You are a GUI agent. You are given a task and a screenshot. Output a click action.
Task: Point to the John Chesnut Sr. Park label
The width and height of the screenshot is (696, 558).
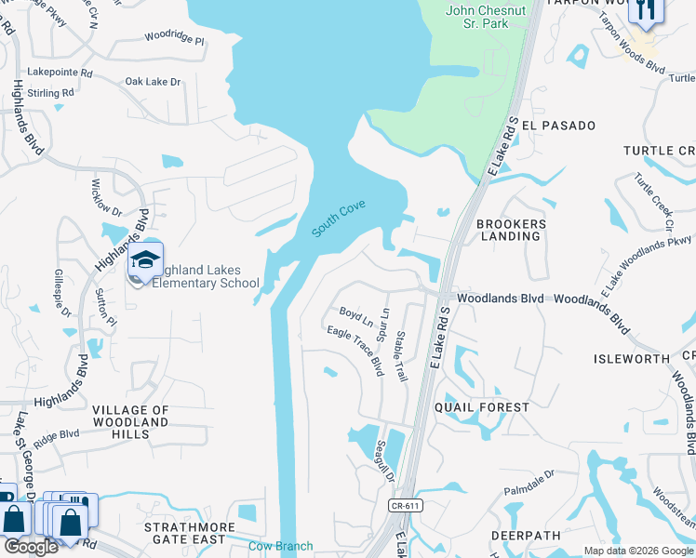(x=477, y=17)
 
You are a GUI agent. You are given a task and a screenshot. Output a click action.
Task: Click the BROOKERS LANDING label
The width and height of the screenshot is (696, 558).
(x=508, y=230)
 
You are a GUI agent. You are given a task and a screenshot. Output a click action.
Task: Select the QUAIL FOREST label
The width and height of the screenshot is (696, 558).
(x=482, y=407)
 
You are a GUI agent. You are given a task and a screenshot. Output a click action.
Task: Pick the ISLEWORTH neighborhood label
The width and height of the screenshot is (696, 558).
(x=631, y=359)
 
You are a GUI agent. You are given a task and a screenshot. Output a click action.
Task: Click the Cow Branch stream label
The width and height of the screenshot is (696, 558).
(x=280, y=547)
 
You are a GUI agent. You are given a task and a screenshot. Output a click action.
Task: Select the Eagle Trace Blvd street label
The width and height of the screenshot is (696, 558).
(x=355, y=350)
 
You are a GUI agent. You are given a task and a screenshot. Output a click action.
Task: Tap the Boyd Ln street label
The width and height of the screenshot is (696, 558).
(x=355, y=318)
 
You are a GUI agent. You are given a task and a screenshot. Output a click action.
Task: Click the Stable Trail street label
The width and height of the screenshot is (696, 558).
(x=401, y=357)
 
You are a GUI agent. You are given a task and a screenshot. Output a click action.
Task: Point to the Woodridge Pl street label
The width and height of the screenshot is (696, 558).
(x=173, y=39)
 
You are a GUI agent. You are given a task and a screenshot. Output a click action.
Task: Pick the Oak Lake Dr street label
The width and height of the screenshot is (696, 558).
(x=153, y=82)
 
